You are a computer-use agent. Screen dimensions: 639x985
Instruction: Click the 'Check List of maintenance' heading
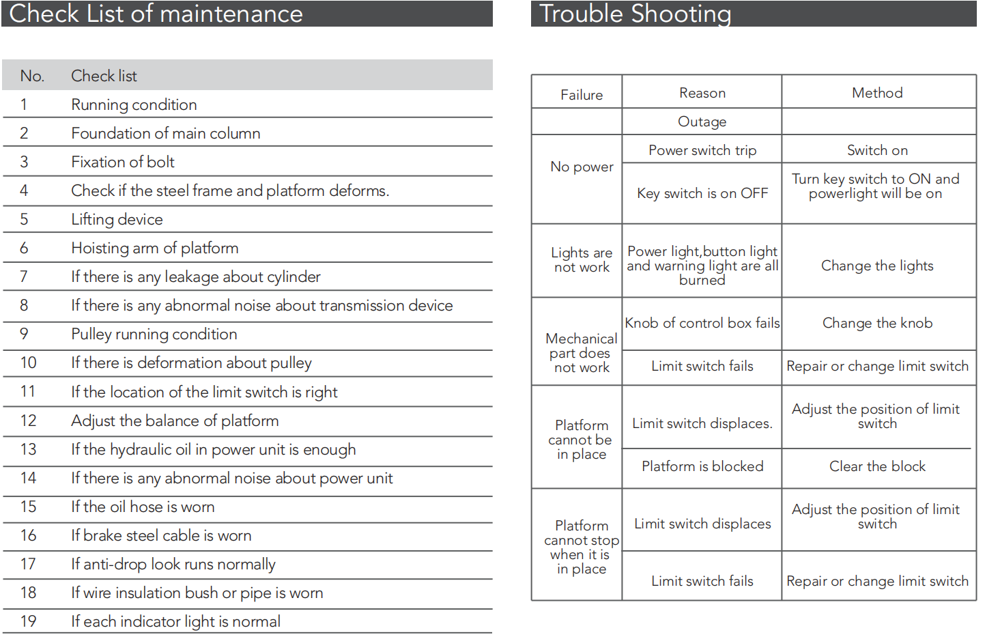(156, 14)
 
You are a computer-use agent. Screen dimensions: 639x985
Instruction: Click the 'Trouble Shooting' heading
(635, 14)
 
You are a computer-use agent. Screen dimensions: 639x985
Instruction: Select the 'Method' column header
(877, 93)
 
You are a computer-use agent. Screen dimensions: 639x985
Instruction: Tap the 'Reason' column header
(702, 93)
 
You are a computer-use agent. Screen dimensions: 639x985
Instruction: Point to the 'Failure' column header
(582, 95)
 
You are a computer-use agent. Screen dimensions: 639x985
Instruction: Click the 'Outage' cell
(702, 122)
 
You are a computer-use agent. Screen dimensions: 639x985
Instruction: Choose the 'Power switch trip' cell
(702, 150)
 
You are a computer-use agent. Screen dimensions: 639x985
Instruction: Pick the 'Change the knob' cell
(877, 323)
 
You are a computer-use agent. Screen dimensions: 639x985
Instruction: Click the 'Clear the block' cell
(877, 466)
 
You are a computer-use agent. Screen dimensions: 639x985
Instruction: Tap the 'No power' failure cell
(582, 167)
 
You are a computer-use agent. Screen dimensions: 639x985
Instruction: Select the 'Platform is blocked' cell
(702, 466)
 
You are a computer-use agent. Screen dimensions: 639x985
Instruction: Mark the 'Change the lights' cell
(877, 266)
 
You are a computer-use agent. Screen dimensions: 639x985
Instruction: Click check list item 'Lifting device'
(117, 219)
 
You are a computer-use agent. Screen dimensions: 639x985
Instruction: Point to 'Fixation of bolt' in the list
(123, 162)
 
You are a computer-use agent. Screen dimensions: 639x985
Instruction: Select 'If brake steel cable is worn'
(161, 535)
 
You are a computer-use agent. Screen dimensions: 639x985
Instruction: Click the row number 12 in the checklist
(28, 421)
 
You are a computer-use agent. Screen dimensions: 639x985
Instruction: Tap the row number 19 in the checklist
(28, 621)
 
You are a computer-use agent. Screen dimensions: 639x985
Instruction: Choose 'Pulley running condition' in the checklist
(154, 334)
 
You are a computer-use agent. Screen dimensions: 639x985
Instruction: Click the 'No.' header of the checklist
(32, 76)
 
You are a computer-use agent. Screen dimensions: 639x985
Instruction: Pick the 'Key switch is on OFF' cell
(702, 193)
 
